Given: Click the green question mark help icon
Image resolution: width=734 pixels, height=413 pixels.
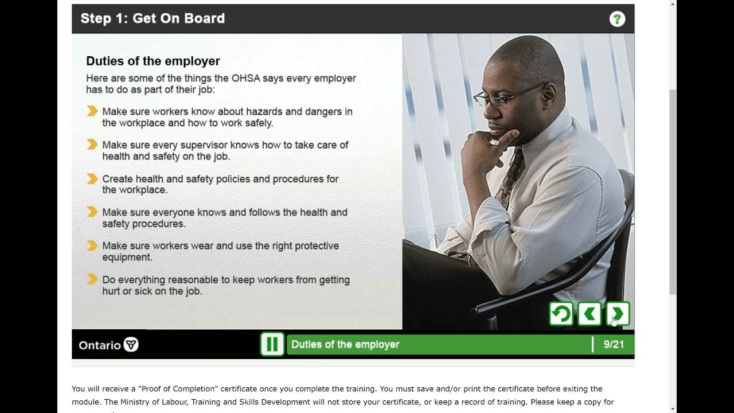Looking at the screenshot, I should coord(617,19).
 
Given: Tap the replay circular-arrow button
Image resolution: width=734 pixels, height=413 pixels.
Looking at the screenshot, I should coord(561,314).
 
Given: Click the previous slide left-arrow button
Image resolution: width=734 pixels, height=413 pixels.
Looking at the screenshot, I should coord(589,314).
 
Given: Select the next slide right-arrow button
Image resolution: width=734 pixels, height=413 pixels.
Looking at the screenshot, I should coord(618,314).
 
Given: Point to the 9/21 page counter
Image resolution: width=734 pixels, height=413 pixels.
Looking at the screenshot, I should coord(614,344).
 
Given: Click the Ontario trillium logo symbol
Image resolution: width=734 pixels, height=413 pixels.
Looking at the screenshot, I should coord(131,345).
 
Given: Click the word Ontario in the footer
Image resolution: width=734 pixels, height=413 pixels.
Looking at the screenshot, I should coord(100,345).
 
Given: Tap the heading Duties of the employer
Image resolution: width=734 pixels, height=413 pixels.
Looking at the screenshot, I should coord(153,61).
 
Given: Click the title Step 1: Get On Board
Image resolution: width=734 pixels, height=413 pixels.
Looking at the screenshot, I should coord(153,18).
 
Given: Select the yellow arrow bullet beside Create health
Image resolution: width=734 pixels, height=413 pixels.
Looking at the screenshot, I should coord(92,179).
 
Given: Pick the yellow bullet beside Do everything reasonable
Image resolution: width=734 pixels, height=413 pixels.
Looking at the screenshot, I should coord(92,280).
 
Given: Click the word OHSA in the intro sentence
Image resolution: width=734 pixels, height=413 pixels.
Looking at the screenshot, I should coord(245,78).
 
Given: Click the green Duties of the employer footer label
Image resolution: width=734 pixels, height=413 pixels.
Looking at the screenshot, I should coord(345,344).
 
